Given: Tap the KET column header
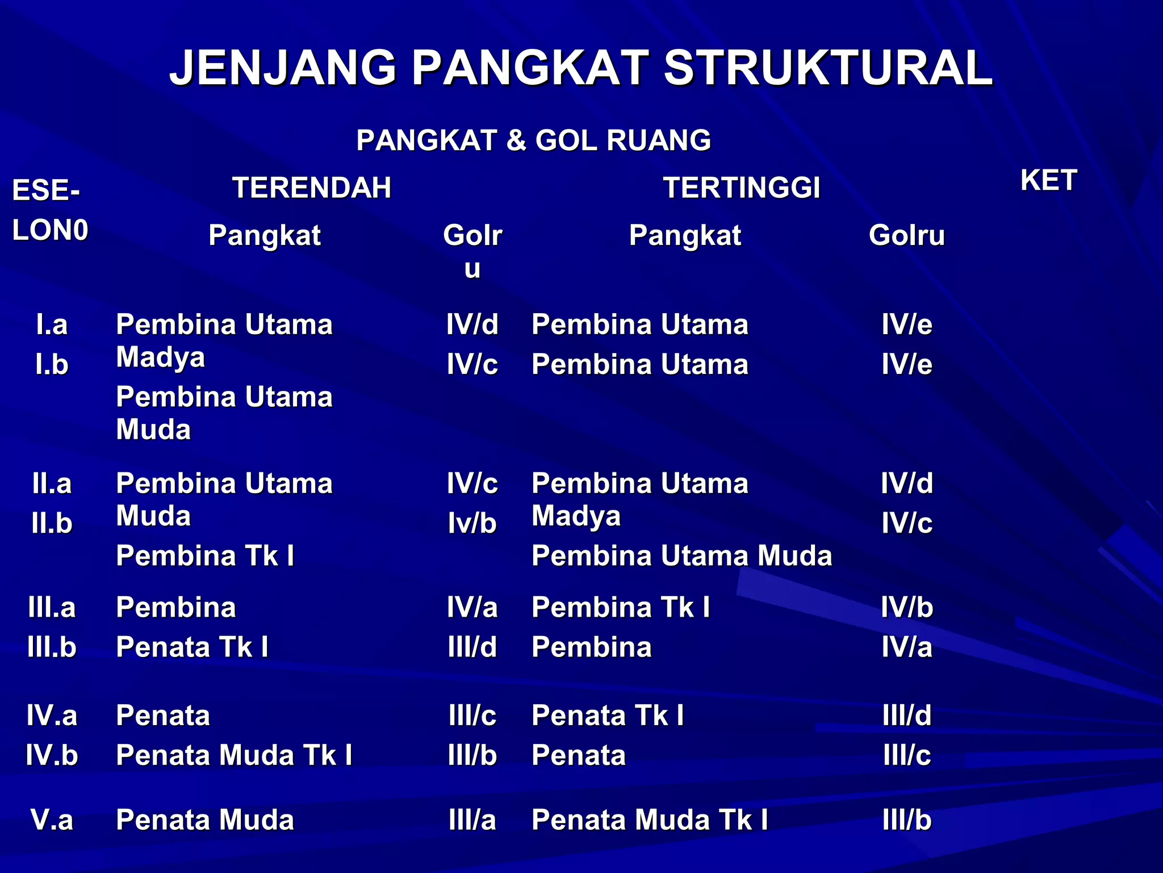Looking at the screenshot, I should (1048, 181).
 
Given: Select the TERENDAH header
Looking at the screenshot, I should (312, 188).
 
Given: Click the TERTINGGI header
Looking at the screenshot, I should (742, 188).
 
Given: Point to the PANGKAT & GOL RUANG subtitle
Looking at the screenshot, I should (533, 140).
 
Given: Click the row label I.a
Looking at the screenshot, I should (52, 325).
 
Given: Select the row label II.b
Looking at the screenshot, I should (52, 523).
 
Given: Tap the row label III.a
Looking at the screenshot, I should (52, 608).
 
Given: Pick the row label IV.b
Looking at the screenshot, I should (52, 755).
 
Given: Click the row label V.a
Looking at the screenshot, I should (52, 820).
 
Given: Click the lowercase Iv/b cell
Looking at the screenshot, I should (472, 523).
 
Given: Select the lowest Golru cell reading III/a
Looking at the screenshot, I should (472, 820).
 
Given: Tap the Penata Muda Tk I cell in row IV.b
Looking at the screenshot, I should (234, 755).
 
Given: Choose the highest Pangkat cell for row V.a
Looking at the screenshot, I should (650, 820).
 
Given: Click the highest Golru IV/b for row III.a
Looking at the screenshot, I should (907, 608).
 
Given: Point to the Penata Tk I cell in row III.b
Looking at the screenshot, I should (192, 647).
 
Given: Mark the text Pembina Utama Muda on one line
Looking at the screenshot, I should (681, 556).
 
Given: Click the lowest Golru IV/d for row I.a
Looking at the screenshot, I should (472, 325).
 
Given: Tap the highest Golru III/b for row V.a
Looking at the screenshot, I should (907, 820).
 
